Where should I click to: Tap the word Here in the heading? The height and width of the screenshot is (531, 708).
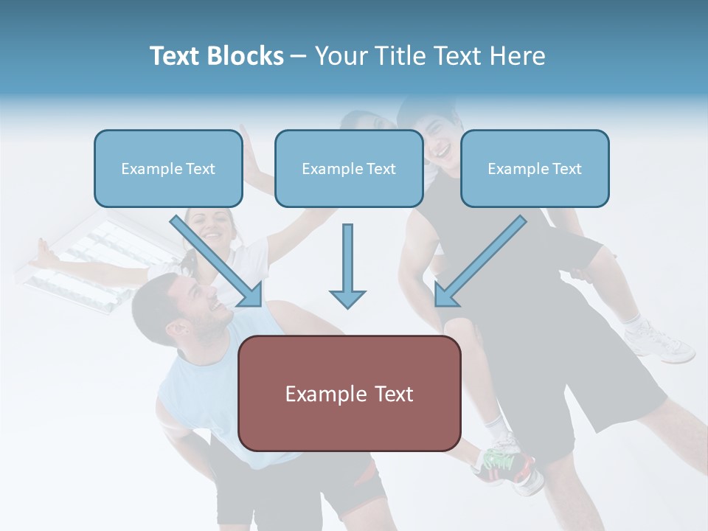coord(516,56)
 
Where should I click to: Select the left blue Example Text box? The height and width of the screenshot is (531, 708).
coord(168,168)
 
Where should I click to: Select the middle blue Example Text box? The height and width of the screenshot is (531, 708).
coord(349,168)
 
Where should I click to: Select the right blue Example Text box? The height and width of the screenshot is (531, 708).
coord(535,168)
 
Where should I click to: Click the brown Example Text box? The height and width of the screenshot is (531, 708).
coord(350,393)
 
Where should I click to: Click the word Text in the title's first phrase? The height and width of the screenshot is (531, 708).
coord(175,56)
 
